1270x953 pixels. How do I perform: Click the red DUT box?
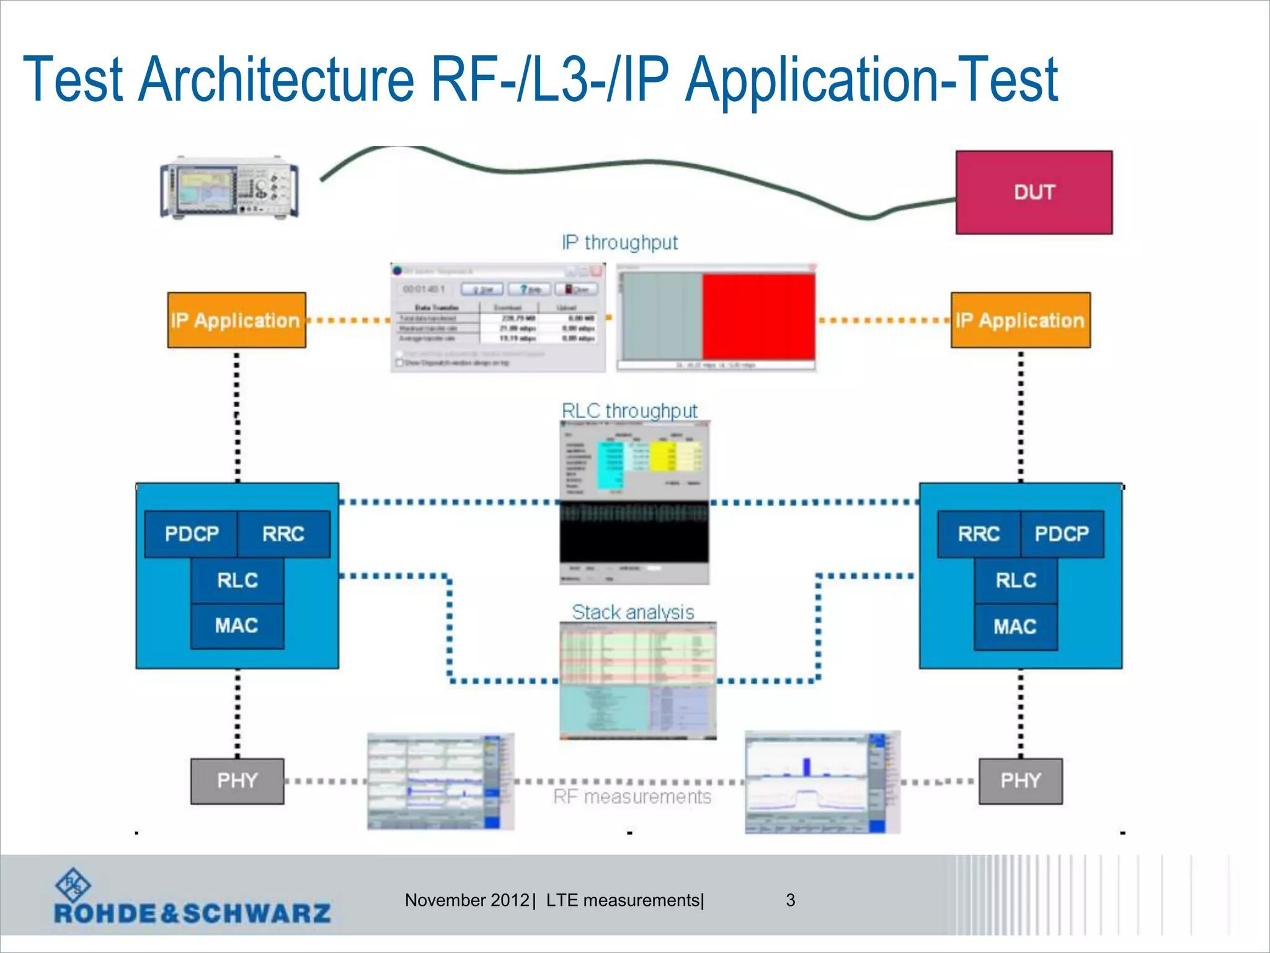(1034, 192)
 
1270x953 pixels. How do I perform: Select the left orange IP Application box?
(236, 320)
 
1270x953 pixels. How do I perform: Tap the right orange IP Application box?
(1020, 320)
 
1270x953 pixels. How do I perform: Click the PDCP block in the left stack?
(192, 534)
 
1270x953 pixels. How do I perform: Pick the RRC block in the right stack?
(979, 534)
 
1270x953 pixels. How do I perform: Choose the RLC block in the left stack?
(238, 580)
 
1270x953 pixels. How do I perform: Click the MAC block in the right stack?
(1015, 627)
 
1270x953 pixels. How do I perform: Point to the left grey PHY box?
(237, 781)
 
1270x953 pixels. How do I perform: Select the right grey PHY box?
(1020, 781)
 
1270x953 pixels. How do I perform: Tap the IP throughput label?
(619, 243)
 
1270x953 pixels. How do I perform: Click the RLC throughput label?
(629, 411)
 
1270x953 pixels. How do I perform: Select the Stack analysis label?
(633, 612)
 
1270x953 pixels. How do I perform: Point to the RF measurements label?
(632, 797)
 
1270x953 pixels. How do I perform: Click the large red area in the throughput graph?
(758, 316)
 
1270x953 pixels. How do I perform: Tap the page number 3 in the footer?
(790, 900)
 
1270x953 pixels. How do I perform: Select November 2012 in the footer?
(466, 900)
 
